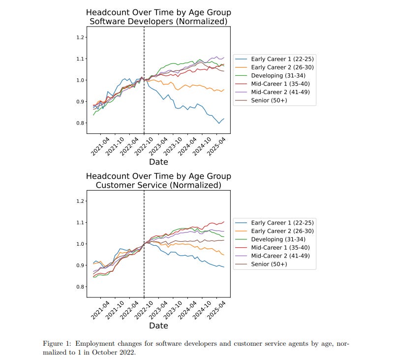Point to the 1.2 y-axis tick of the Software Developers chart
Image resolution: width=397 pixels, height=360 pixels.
[x=81, y=37]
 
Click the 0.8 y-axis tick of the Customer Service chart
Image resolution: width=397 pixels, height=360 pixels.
[x=81, y=287]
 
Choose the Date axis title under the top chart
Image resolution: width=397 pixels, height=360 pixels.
[x=158, y=162]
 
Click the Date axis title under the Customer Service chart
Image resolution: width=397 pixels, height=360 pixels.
[x=158, y=326]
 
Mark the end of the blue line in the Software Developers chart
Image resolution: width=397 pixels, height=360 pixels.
[x=224, y=119]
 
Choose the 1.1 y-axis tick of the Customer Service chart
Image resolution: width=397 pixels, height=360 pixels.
[x=81, y=223]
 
